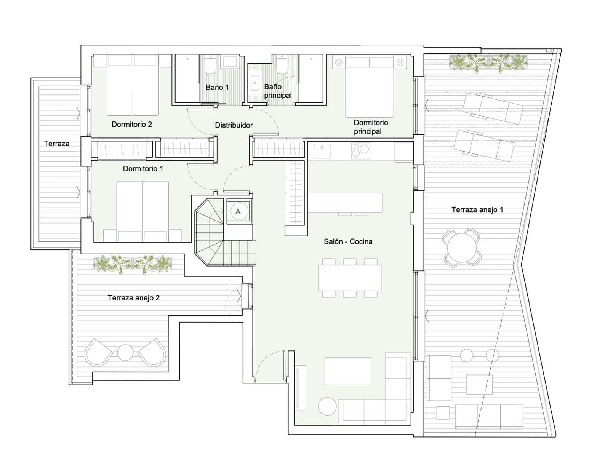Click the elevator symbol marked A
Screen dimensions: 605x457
238,211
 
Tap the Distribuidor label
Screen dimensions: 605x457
234,125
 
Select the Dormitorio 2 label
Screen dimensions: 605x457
132,124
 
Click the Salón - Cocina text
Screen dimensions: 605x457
348,241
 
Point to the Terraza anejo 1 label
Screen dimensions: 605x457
477,209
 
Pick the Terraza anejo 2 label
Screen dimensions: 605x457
134,297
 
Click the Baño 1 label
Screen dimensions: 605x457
217,87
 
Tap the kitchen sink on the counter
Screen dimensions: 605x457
322,151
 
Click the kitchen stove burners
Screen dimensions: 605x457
360,151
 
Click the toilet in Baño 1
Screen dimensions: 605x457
211,64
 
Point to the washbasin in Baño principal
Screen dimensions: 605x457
255,83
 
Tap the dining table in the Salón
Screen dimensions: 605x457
349,278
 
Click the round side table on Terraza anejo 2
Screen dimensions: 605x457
125,352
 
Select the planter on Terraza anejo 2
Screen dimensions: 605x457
133,264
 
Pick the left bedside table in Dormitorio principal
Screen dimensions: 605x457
339,62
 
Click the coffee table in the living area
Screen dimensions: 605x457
347,371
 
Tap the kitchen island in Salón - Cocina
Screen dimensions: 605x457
345,203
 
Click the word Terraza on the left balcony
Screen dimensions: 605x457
57,144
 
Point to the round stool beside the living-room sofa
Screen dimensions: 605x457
327,406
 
